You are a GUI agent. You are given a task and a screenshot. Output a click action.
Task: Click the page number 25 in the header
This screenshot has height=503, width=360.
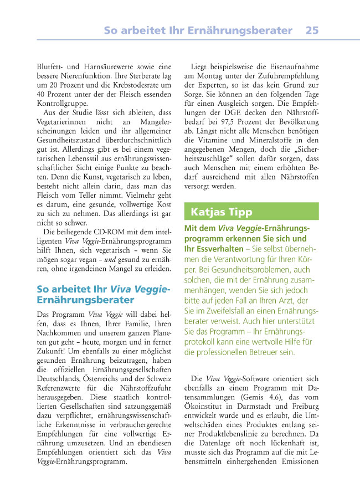coord(312,30)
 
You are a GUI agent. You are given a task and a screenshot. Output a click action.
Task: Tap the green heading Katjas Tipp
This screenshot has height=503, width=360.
coord(221,212)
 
